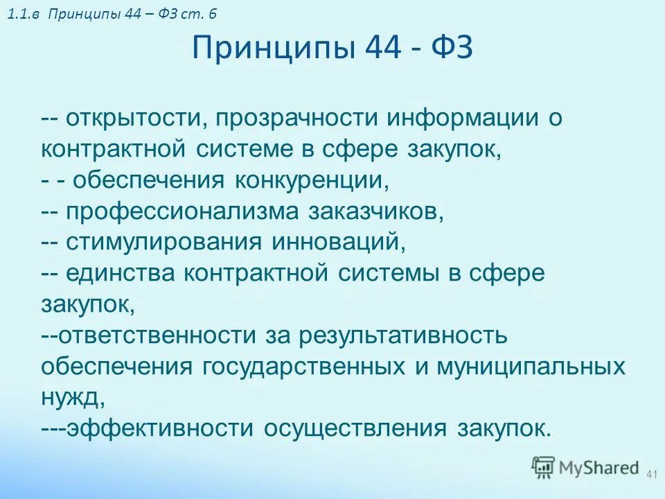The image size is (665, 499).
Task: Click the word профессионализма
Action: [x=186, y=211]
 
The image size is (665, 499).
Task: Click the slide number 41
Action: [x=650, y=474]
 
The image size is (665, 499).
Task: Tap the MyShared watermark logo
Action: [x=585, y=467]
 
